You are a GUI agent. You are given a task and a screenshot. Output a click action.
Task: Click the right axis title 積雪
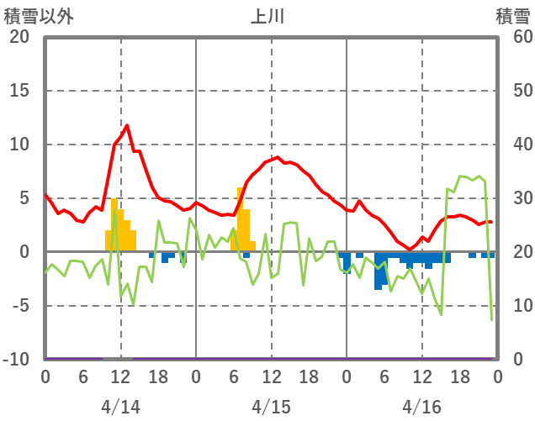pos(512,16)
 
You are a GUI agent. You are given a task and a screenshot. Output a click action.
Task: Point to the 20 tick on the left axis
pos(19,37)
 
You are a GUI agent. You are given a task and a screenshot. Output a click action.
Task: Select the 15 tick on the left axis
pos(19,91)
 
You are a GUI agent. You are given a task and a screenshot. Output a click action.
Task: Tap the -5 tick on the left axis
pos(20,306)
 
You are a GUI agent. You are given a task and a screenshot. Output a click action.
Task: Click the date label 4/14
pos(120,407)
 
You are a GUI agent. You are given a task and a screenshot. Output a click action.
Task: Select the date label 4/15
pos(271,407)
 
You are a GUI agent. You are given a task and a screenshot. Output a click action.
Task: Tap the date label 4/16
pos(421,407)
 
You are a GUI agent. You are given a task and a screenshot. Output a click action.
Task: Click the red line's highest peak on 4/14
pos(127,125)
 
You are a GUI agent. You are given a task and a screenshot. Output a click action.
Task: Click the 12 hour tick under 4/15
pos(271,376)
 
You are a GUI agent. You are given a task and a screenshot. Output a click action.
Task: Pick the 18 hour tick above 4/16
pos(459,376)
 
